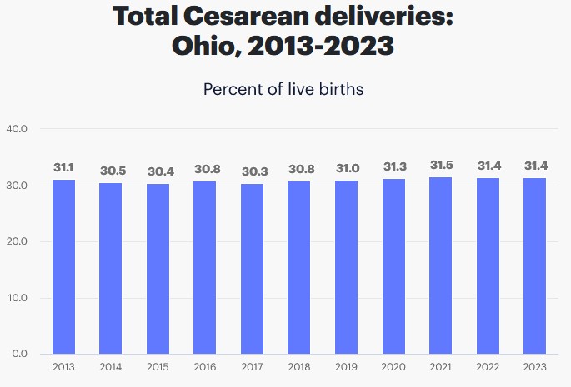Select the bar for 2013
(x=63, y=266)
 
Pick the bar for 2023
(x=534, y=265)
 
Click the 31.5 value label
(x=440, y=165)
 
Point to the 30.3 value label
(x=252, y=171)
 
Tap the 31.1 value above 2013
(x=63, y=167)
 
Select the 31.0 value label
(x=346, y=168)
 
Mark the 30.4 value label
(x=158, y=171)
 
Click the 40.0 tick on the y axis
(x=18, y=129)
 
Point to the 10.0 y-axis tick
(x=18, y=298)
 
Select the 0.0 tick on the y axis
(x=20, y=354)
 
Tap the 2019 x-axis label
(x=346, y=367)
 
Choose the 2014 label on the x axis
(x=111, y=367)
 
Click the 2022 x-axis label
(x=488, y=367)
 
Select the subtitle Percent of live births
(x=283, y=89)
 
